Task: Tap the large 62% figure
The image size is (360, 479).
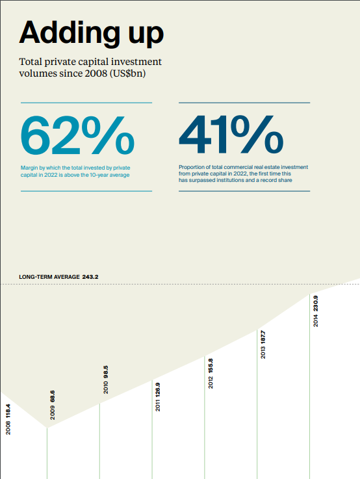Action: coord(77,135)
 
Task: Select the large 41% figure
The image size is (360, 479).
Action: coord(231,135)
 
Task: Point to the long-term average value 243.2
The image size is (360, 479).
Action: coord(90,277)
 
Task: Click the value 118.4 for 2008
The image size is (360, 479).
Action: coord(8,411)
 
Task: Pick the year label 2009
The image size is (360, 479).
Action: coord(53,413)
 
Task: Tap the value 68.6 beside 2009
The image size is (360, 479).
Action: coord(53,396)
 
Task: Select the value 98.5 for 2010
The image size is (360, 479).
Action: coord(106,372)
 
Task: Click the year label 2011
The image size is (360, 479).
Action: coord(157,406)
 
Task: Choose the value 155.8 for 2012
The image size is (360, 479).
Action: coord(211,366)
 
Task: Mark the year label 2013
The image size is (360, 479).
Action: coord(263,352)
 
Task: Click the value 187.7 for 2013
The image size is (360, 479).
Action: coord(263,337)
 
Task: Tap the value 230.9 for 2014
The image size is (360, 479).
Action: coord(315,304)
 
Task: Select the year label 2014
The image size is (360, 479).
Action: coord(315,320)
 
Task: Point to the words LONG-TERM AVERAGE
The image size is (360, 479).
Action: coord(49,277)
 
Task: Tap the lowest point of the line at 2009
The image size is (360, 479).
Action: coord(47,428)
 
